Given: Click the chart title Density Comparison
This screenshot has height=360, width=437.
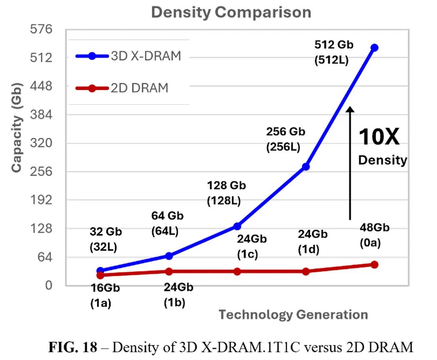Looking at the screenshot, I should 231,12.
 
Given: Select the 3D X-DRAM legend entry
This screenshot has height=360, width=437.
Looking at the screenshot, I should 128,56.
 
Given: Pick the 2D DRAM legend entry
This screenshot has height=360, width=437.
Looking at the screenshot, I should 122,88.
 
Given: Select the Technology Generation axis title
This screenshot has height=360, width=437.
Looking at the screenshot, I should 293,314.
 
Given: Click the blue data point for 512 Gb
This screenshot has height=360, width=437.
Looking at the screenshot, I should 374,48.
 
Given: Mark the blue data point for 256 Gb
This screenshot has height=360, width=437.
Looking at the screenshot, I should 306,166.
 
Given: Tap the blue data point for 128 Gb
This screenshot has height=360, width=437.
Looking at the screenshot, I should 237,226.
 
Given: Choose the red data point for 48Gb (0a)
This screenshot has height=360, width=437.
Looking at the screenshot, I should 374,264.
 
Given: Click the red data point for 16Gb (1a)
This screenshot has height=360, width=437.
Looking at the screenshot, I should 100,275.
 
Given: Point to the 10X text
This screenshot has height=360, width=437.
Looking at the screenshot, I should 379,137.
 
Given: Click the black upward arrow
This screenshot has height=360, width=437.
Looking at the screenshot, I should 350,163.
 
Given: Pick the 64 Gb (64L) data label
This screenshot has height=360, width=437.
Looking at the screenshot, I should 167,223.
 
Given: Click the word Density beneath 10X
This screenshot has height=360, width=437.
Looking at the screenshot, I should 382,160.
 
